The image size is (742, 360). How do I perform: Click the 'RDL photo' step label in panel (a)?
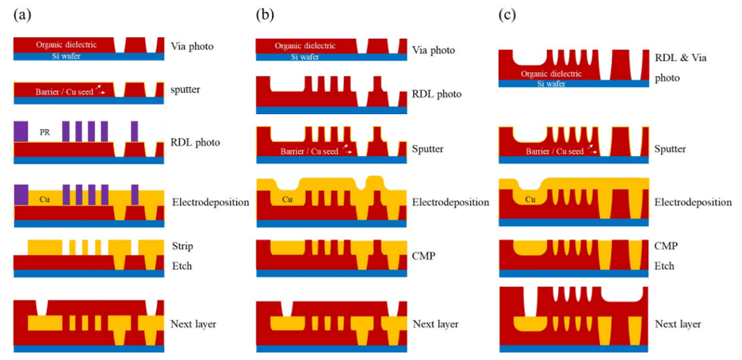(x=195, y=143)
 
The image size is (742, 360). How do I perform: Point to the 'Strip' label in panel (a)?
(x=183, y=247)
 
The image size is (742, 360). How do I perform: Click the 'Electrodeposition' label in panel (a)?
(x=211, y=202)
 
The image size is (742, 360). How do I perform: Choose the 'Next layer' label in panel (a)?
(x=194, y=324)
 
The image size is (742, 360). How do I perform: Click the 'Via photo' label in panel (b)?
(x=434, y=50)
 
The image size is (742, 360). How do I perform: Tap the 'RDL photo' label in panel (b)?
(x=438, y=94)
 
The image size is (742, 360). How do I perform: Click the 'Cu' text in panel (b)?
(x=287, y=199)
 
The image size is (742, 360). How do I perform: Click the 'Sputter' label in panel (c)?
(x=671, y=149)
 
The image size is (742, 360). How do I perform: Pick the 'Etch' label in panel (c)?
(x=665, y=266)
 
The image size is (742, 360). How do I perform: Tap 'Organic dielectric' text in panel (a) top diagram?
(x=67, y=45)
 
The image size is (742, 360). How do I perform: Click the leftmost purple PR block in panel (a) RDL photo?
(x=21, y=132)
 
